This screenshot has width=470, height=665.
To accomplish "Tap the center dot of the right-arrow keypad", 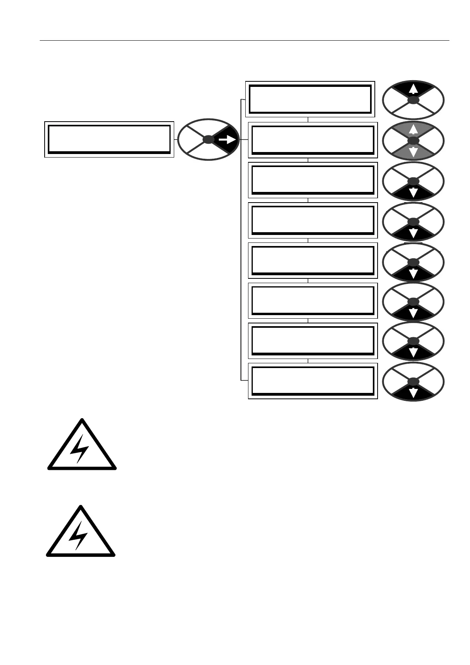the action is [208, 139].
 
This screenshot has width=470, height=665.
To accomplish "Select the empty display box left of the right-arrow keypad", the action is [109, 139].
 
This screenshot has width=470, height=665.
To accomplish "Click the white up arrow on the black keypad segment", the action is [413, 89].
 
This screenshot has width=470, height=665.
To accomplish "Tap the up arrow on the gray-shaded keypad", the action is [413, 129].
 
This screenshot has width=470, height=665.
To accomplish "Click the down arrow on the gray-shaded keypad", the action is [413, 152].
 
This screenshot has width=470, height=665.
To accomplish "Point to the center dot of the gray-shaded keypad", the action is [413, 141].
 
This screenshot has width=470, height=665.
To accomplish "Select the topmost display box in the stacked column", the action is [310, 99].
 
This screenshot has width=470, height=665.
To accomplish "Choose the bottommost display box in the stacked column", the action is [313, 381].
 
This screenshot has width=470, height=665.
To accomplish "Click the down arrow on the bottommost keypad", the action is [413, 393].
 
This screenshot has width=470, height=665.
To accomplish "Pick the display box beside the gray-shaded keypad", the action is [313, 140].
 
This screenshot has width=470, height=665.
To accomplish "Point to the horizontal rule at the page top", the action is [244, 40].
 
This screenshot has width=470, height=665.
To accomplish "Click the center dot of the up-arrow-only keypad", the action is [413, 100].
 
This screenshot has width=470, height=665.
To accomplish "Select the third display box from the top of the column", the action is [313, 180].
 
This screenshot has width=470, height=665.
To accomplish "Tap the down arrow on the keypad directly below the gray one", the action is [413, 193].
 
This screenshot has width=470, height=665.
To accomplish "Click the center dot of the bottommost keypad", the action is [413, 381].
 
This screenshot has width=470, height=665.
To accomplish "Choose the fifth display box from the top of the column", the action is [313, 260].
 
